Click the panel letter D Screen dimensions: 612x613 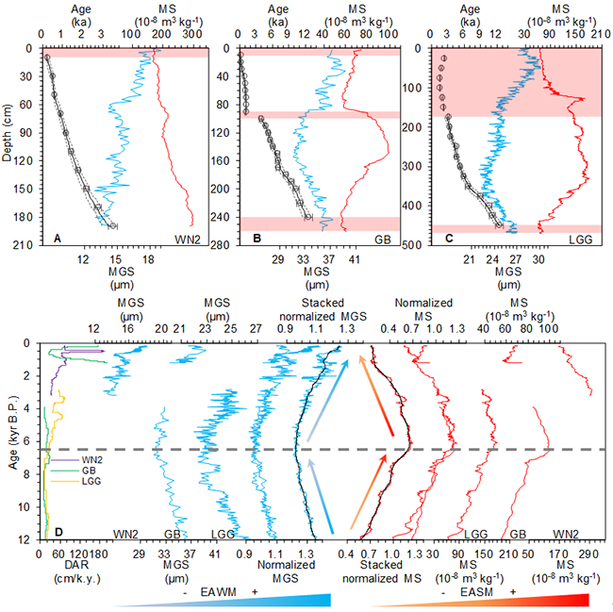point(48,530)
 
